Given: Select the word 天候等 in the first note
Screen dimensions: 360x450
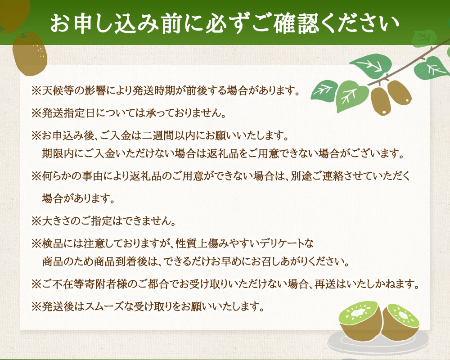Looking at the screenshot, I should [56, 91].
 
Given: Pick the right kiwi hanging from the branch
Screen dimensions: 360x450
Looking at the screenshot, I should [399, 93].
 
